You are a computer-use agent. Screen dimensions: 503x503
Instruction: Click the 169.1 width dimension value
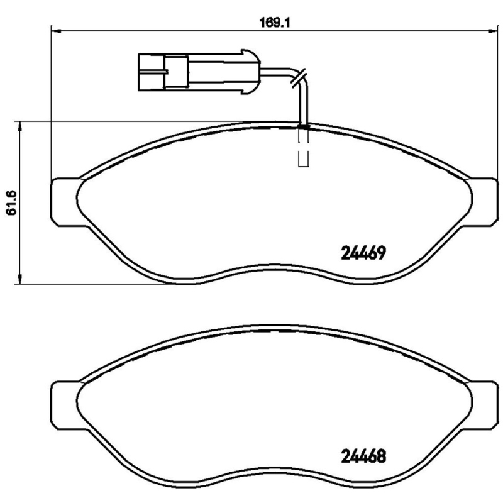[274, 23]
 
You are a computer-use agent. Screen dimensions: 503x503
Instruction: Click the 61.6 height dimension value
[11, 202]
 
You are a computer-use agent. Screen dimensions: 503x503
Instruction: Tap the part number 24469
[363, 253]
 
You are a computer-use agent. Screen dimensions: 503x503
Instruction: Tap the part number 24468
[363, 456]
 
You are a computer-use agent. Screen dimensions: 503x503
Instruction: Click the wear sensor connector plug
[199, 72]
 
